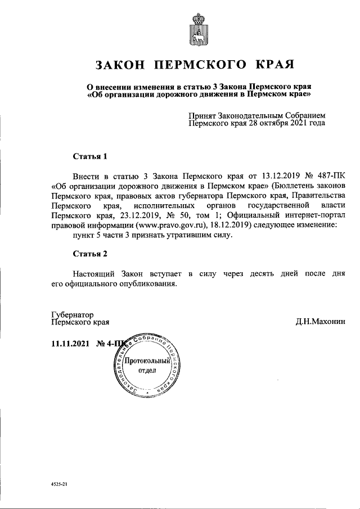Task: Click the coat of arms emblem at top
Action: (x=198, y=29)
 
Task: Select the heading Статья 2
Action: (x=90, y=254)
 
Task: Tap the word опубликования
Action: (x=152, y=284)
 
